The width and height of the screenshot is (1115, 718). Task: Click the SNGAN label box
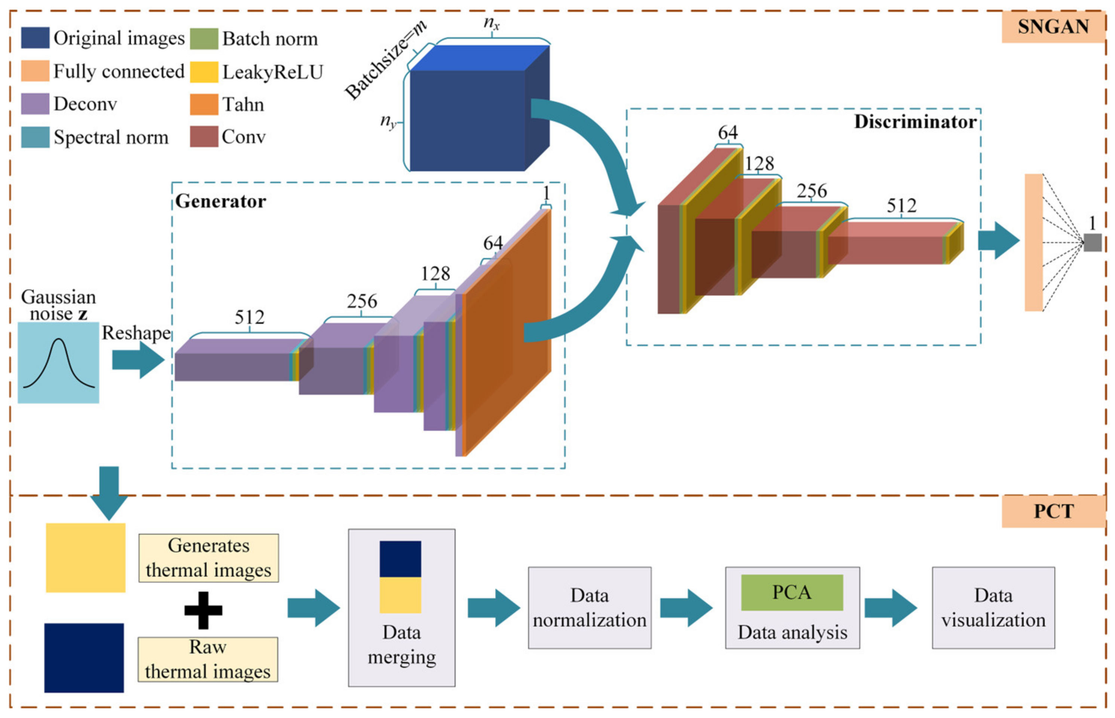[x=1053, y=27]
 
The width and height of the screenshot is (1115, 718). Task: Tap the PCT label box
[x=1053, y=512]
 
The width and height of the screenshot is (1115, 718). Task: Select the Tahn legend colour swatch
[x=204, y=104]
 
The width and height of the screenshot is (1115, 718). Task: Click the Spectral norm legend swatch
[x=35, y=138]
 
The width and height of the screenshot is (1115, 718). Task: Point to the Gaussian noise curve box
[x=58, y=362]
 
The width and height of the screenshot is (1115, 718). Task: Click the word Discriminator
[x=915, y=122]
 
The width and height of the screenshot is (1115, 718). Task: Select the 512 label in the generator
[x=249, y=317]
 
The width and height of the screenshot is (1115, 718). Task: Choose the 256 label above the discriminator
[x=812, y=191]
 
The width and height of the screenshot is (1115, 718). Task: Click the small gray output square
[x=1092, y=242]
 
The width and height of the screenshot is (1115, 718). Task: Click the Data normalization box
[x=589, y=608]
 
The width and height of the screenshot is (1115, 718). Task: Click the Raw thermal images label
[x=208, y=659]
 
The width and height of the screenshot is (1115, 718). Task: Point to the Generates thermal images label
[x=208, y=558]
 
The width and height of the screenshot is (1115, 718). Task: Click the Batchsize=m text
[x=385, y=61]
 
